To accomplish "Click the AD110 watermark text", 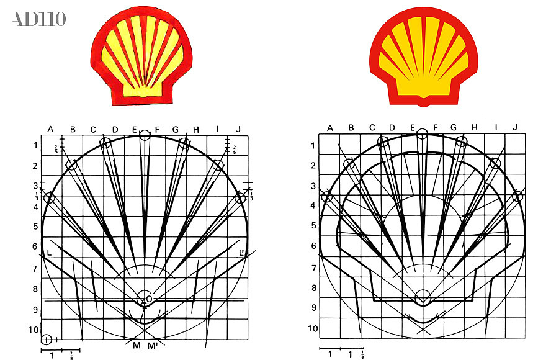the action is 38,19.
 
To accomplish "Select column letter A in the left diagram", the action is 51,129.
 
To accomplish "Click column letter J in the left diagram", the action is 238,129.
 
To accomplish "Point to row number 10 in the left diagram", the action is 33,330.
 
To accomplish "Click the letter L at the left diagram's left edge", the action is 48,253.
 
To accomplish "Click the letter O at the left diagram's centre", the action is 149,299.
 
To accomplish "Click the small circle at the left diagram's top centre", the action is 145,135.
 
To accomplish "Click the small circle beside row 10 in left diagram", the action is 47,340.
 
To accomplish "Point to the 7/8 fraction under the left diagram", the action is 71,355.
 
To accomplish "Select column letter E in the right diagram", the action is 413,128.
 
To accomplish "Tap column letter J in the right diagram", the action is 515,128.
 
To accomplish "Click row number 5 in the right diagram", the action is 314,227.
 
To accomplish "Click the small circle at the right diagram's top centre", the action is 423,133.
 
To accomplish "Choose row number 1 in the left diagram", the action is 35,146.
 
